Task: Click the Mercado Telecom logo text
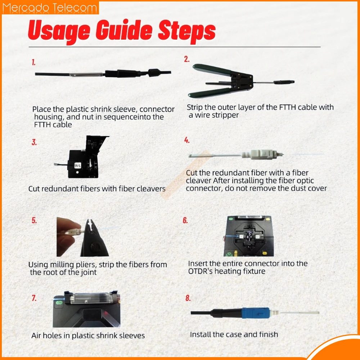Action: pos(50,8)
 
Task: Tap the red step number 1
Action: pos(33,62)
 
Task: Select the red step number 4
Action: pos(187,140)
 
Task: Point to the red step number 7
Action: pos(34,298)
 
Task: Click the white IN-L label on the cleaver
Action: pos(78,165)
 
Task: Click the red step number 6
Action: pos(185,220)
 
